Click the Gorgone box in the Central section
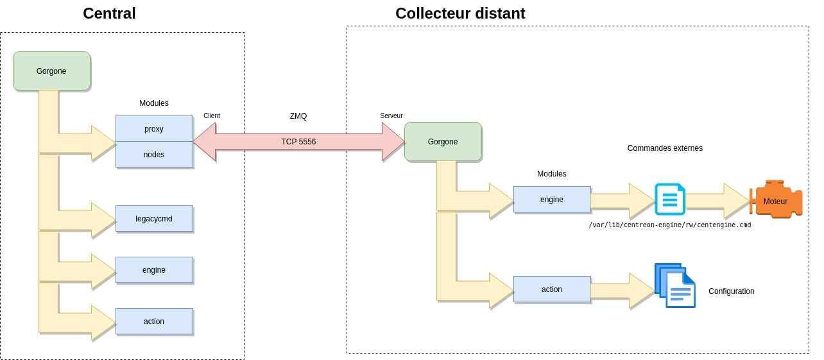coord(51,71)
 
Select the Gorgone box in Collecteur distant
coord(443,142)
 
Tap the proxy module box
coord(154,129)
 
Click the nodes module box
coord(154,155)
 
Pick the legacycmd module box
coord(154,219)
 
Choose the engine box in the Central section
coord(154,270)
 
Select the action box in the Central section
coord(154,321)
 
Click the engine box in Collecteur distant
coord(552,200)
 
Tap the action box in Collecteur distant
coord(552,289)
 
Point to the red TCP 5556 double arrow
coord(298,142)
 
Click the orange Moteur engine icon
coord(777,200)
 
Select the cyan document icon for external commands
coord(670,199)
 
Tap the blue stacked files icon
coord(674,286)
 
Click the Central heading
coord(109,13)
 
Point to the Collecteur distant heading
coord(460,13)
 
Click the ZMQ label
coord(298,116)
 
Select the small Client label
coord(212,116)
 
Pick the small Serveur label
coord(391,116)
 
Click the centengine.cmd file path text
coord(670,225)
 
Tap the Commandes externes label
coord(665,148)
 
